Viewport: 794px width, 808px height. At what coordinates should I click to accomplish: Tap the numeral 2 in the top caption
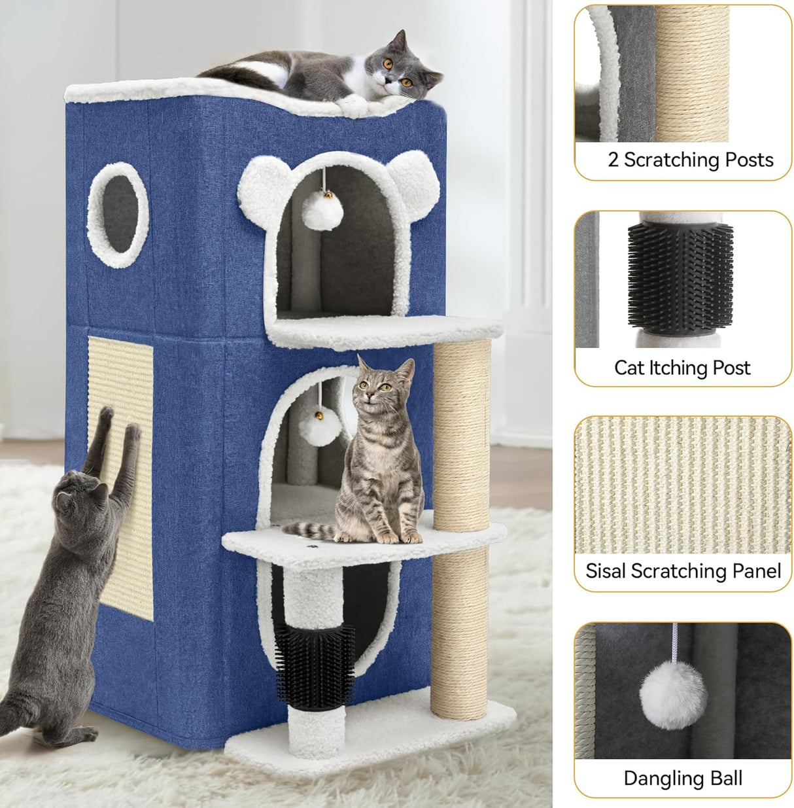(x=613, y=160)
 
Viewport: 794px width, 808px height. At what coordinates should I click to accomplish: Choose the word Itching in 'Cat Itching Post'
(x=679, y=368)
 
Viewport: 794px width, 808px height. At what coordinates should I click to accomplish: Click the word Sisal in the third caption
(x=607, y=571)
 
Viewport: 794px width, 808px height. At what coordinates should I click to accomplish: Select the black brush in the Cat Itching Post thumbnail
(x=680, y=275)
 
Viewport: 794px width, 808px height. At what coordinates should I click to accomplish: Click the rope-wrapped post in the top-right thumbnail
(x=692, y=72)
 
